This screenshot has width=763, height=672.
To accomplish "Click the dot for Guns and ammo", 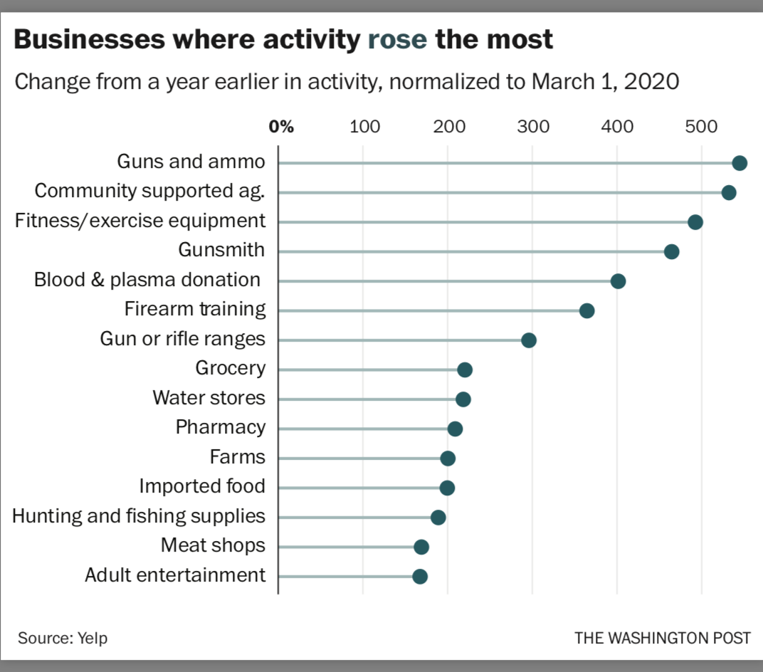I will pos(740,163).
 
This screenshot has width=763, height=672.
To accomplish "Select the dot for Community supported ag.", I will pos(728,192).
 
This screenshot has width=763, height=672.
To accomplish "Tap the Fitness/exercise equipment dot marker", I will pos(695,222).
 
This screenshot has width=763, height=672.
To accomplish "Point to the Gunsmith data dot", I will pos(671,251).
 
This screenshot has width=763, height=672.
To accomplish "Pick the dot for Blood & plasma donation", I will pos(618,281).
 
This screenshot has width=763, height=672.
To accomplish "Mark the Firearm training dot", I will pos(586,310).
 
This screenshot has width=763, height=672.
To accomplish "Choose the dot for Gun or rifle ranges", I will pos(528,340).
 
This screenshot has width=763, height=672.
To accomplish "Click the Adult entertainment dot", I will pos(420,577).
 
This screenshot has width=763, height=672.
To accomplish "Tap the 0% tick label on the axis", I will pos(281,127).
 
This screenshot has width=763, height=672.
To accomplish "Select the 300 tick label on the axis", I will pos(533,127).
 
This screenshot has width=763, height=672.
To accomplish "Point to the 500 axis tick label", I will pos(701,127).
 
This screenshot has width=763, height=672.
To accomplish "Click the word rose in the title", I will pos(397,40).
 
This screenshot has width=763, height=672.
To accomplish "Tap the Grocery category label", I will pos(230,368).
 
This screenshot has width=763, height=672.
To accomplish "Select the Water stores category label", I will pos(209,398).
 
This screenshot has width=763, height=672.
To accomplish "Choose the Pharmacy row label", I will pos(220,427).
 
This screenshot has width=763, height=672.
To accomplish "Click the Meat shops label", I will pos(213,545).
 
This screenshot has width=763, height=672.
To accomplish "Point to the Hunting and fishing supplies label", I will pos(139,516).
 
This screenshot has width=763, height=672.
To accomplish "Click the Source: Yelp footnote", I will pos(63,638).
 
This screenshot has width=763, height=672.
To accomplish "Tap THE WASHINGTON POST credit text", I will pos(662,638).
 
